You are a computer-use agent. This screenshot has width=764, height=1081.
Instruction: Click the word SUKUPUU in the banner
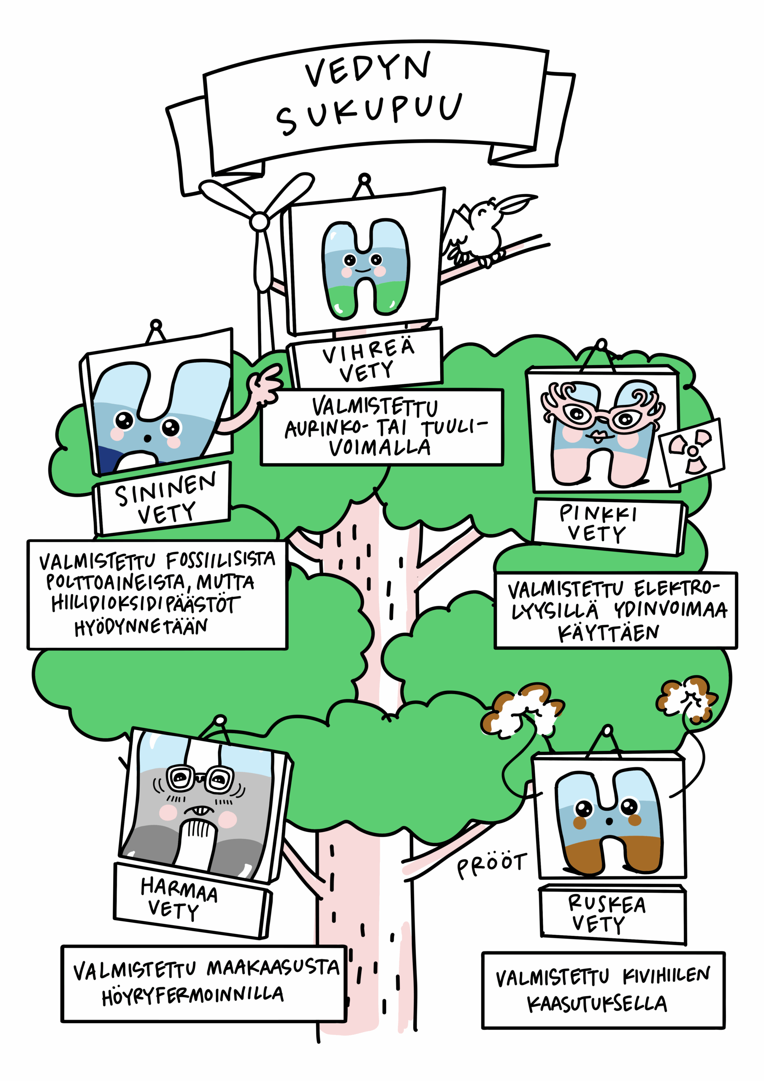coord(369,112)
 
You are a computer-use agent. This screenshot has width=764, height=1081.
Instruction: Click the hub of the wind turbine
coord(259,221)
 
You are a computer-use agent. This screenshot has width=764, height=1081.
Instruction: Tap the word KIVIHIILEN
coord(666,976)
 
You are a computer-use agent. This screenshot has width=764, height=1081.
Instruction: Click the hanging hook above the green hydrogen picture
coord(364,180)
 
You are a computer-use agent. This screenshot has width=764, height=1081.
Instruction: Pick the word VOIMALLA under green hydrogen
coord(379,448)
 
